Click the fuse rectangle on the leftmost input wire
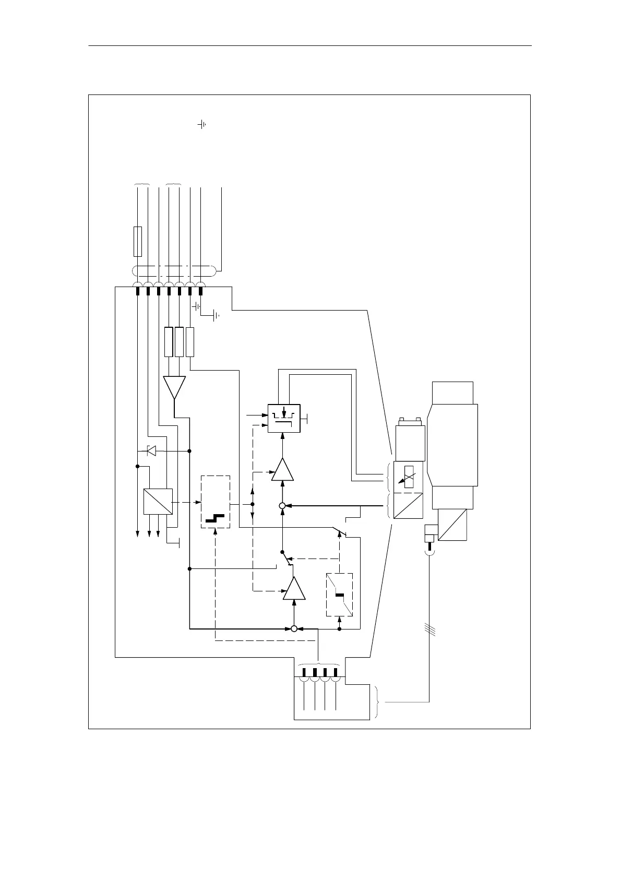pyautogui.click(x=138, y=241)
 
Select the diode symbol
pyautogui.click(x=151, y=450)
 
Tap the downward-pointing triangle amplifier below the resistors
pyautogui.click(x=174, y=387)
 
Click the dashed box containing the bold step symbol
pyautogui.click(x=216, y=502)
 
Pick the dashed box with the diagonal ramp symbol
pyautogui.click(x=339, y=595)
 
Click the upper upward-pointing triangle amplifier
pyautogui.click(x=282, y=470)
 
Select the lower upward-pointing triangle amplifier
pyautogui.click(x=294, y=589)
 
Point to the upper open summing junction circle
pyautogui.click(x=282, y=506)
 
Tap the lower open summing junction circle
pyautogui.click(x=294, y=628)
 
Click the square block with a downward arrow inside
pyautogui.click(x=284, y=418)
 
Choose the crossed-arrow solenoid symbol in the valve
pyautogui.click(x=409, y=476)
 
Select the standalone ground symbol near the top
pyautogui.click(x=202, y=125)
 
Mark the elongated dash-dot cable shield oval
pyautogui.click(x=174, y=271)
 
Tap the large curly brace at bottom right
pyautogui.click(x=378, y=703)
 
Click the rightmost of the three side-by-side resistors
pyautogui.click(x=190, y=342)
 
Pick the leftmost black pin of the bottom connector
pyautogui.click(x=305, y=672)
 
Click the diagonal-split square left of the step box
pyautogui.click(x=158, y=502)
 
